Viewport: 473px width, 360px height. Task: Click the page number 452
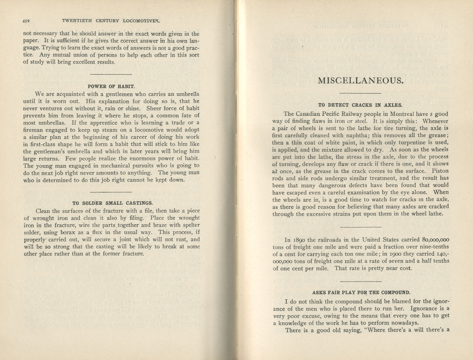point(26,21)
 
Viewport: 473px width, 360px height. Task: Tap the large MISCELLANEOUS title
point(361,81)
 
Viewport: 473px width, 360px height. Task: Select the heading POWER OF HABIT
point(111,86)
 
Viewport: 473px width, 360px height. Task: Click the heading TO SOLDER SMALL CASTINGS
point(112,203)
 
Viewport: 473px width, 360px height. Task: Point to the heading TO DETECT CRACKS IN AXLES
point(360,105)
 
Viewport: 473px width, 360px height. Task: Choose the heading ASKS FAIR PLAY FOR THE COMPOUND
point(361,293)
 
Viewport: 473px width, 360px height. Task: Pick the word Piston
point(440,171)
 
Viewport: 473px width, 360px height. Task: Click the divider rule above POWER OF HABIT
point(111,74)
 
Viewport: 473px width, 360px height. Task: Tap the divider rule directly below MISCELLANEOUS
point(360,93)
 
